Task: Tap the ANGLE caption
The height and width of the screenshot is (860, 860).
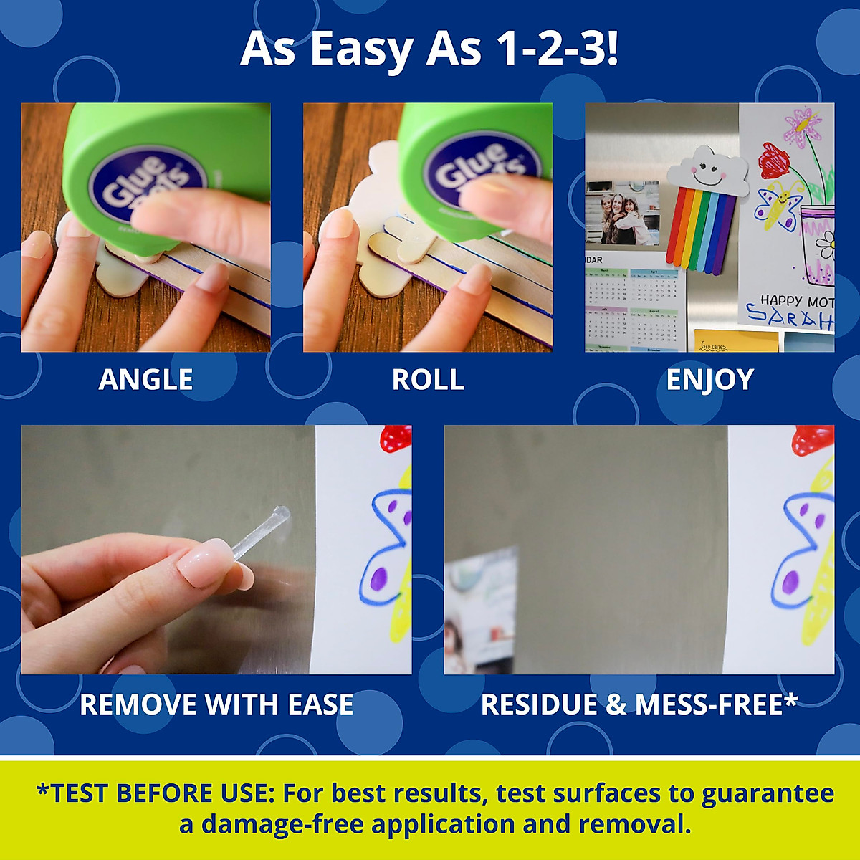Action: (x=145, y=379)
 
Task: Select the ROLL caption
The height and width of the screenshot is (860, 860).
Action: (x=428, y=379)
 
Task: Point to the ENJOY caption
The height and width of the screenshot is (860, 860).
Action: (x=709, y=379)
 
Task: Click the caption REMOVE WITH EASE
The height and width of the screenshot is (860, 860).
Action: (x=216, y=704)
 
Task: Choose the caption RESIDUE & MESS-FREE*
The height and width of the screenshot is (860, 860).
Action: (x=639, y=704)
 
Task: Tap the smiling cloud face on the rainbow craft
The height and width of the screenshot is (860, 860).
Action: (x=707, y=171)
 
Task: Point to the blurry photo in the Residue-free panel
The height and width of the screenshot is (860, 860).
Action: (x=480, y=609)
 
